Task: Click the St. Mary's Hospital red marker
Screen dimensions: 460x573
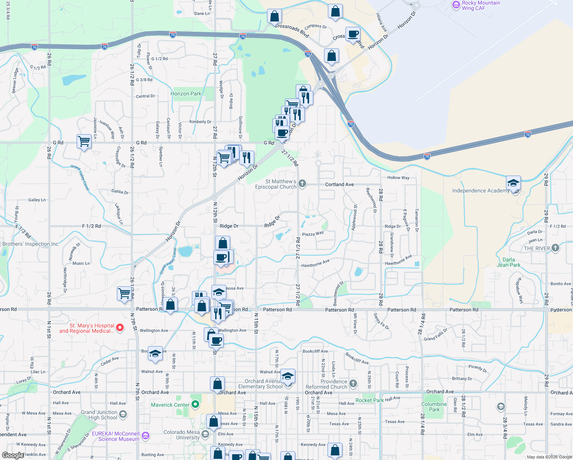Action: point(120,327)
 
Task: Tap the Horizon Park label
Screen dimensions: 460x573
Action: point(186,94)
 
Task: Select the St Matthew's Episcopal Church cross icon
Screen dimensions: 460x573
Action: point(302,184)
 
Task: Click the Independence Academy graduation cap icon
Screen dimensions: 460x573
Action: point(513,183)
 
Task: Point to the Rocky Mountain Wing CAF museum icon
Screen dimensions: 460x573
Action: point(456,5)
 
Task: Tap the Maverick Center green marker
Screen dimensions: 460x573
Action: point(195,404)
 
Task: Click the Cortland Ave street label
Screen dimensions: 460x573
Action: point(339,184)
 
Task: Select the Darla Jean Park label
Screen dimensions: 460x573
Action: point(509,262)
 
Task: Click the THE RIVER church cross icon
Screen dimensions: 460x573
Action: point(555,248)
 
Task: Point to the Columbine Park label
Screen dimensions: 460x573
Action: point(434,407)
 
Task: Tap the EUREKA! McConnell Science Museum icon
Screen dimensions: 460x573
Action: point(145,436)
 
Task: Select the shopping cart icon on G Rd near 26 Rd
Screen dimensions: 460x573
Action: point(84,141)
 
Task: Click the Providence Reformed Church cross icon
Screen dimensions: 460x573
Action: point(353,383)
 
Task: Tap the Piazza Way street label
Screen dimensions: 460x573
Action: point(313,234)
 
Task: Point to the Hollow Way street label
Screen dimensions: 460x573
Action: point(398,177)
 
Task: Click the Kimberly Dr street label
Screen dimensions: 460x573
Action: point(200,122)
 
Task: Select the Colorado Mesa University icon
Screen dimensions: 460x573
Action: point(205,434)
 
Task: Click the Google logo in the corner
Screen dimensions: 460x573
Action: point(13,455)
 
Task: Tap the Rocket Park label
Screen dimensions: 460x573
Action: point(369,400)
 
